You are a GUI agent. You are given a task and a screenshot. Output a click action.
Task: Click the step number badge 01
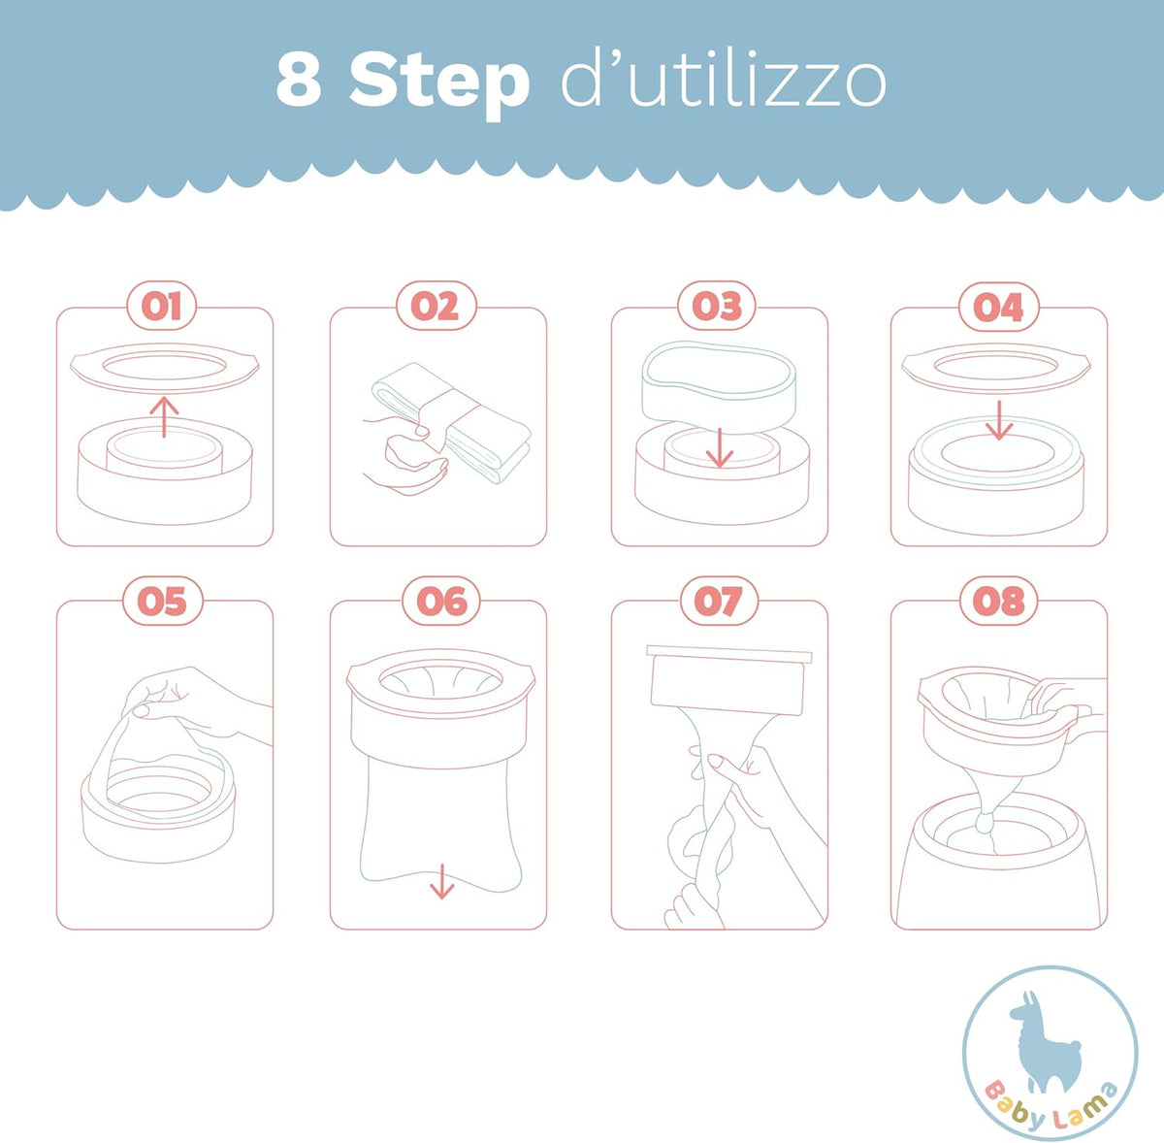tap(161, 306)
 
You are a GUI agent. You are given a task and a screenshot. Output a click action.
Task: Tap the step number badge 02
tap(436, 306)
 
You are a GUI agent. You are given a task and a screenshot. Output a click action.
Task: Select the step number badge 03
tap(717, 306)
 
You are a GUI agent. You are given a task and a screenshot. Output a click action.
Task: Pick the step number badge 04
tap(998, 307)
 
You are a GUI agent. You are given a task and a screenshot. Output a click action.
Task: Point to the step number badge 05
tap(163, 601)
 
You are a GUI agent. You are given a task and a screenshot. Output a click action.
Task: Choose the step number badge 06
tap(441, 601)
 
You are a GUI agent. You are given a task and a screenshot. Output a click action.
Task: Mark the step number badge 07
tap(719, 601)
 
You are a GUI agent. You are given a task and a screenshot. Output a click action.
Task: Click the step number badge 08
tap(999, 601)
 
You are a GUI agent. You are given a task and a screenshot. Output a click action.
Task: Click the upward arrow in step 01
tap(164, 417)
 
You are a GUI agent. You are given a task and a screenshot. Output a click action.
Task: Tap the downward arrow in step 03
tap(719, 448)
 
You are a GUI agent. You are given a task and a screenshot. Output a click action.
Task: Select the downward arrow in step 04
tap(999, 420)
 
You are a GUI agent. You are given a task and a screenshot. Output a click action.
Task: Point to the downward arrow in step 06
tap(442, 882)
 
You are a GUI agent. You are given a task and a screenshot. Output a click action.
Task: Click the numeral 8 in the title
tap(299, 78)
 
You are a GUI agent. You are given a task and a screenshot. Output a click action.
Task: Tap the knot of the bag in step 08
tap(985, 823)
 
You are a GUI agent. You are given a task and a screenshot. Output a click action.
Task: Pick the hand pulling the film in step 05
tap(193, 704)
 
